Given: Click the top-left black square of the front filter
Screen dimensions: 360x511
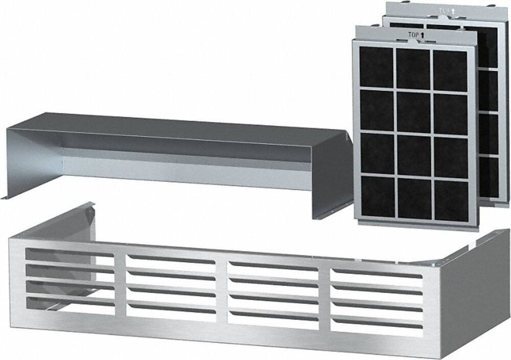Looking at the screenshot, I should [376, 66].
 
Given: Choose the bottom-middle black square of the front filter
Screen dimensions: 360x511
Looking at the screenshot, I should [414, 199].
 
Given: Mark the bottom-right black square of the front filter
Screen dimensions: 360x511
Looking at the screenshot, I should [450, 201].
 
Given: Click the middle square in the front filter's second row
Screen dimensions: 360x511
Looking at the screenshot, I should [414, 111].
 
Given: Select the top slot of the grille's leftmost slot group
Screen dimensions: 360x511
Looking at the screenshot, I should [69, 253].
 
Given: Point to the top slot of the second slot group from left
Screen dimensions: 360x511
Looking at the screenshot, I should [171, 260].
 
